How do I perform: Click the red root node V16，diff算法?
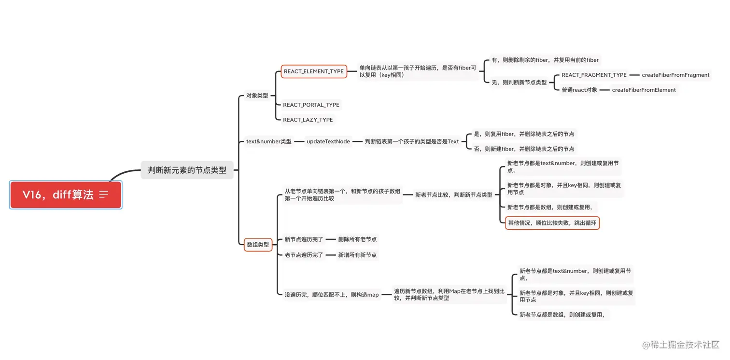58,195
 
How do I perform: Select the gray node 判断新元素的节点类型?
187,170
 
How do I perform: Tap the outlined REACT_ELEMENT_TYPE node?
314,71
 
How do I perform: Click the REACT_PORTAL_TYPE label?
311,105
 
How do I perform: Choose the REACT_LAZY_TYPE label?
308,120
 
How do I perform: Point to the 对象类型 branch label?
257,96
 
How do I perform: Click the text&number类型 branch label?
269,141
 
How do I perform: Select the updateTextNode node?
328,141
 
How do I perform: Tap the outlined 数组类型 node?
258,245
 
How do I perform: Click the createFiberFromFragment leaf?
675,75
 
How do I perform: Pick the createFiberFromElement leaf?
644,90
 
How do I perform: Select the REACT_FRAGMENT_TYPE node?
594,75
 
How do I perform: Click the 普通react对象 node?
579,90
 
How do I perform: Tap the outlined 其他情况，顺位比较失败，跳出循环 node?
552,223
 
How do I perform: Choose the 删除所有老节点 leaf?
357,239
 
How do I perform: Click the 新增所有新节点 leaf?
357,255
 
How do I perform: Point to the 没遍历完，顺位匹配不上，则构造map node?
332,294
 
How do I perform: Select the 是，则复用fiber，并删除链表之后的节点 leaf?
524,134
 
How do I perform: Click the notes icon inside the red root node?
104,194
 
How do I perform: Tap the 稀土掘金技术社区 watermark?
681,345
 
